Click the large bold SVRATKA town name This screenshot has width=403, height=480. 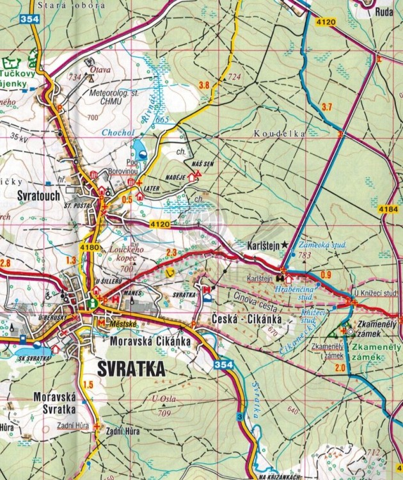tap(132, 369)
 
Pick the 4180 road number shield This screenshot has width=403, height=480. tap(90, 247)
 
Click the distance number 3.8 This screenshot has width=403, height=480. tap(204, 85)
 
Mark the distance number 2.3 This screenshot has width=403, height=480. tap(171, 252)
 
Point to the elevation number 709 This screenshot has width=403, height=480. tap(165, 413)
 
